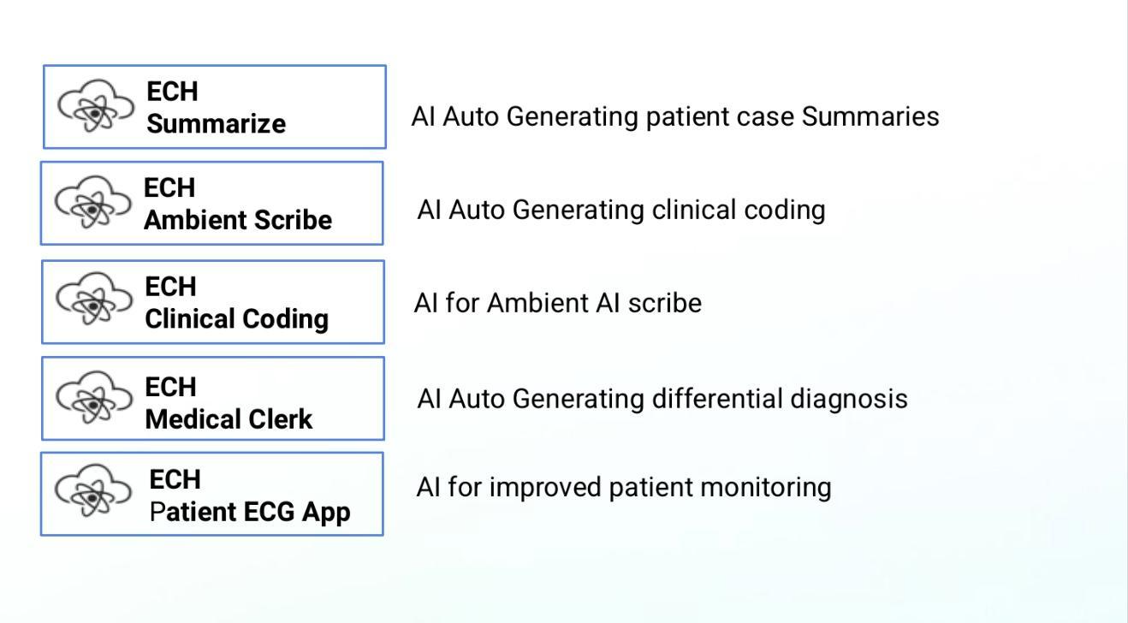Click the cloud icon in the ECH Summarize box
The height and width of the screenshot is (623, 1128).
(x=96, y=106)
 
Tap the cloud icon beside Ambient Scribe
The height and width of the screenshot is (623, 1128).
(x=93, y=202)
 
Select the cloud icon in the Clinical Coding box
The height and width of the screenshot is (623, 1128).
(x=94, y=299)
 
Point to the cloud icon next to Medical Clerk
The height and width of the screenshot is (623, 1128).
(x=94, y=397)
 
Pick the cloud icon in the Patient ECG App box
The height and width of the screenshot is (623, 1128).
(x=93, y=490)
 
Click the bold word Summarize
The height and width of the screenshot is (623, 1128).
(x=216, y=124)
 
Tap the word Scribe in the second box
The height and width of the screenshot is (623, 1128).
(x=293, y=220)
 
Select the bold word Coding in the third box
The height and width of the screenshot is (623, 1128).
(x=286, y=319)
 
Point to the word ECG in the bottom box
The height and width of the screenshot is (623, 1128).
(x=269, y=513)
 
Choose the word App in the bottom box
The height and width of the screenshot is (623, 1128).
(x=326, y=514)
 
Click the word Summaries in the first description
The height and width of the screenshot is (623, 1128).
(x=870, y=117)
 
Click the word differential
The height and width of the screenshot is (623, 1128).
(x=717, y=399)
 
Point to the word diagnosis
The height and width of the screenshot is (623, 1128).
(x=849, y=400)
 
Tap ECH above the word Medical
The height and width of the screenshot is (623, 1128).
(x=170, y=388)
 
